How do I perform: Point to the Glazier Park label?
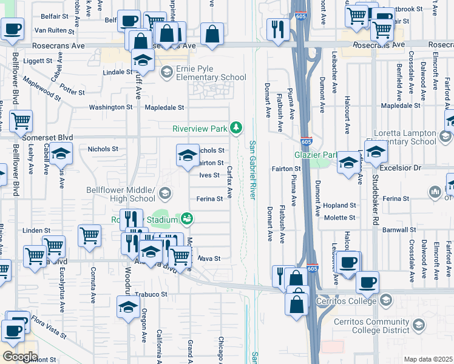pos(316,155)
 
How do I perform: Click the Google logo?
pos(19,357)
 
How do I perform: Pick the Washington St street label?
pos(110,107)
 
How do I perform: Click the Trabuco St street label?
pos(151,294)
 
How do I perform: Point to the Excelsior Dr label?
pos(415,166)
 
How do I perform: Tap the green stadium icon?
pos(188,218)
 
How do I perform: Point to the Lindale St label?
pos(117,72)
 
